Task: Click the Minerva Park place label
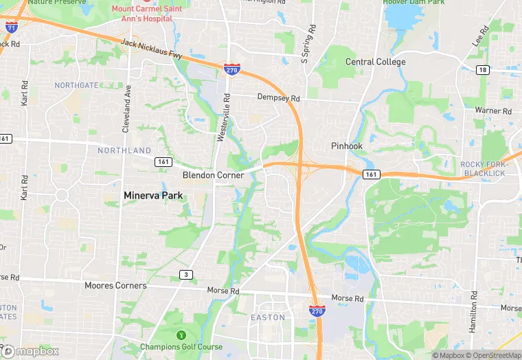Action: click(154, 196)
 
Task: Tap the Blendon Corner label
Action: click(213, 175)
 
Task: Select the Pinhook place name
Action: click(346, 146)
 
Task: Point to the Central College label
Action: click(375, 62)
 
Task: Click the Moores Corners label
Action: click(115, 285)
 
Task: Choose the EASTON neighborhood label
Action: click(267, 317)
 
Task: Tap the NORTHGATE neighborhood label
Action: click(76, 85)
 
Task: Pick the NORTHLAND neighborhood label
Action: click(124, 150)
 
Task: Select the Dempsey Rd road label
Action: click(279, 98)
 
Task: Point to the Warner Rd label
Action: click(497, 111)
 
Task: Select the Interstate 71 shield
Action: click(11, 27)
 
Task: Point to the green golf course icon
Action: click(181, 335)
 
